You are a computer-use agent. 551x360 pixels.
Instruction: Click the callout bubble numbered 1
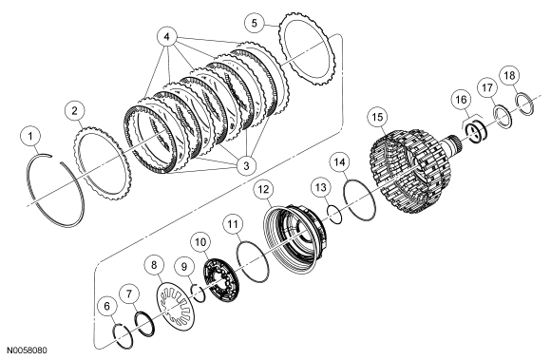pos(30,136)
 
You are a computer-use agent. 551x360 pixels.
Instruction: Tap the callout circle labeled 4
pos(167,37)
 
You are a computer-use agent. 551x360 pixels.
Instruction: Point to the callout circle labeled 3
pos(246,165)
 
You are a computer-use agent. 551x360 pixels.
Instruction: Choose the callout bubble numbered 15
pos(377,117)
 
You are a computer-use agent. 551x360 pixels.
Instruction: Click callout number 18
pos(509,75)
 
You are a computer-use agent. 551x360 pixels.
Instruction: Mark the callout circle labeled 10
pos(200,242)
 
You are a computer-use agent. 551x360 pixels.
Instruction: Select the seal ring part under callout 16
pos(475,131)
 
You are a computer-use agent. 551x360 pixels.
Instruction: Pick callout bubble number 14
pos(339,162)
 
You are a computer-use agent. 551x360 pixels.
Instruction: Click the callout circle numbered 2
pos(75,111)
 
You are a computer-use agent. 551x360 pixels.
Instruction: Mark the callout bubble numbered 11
pos(233,224)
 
